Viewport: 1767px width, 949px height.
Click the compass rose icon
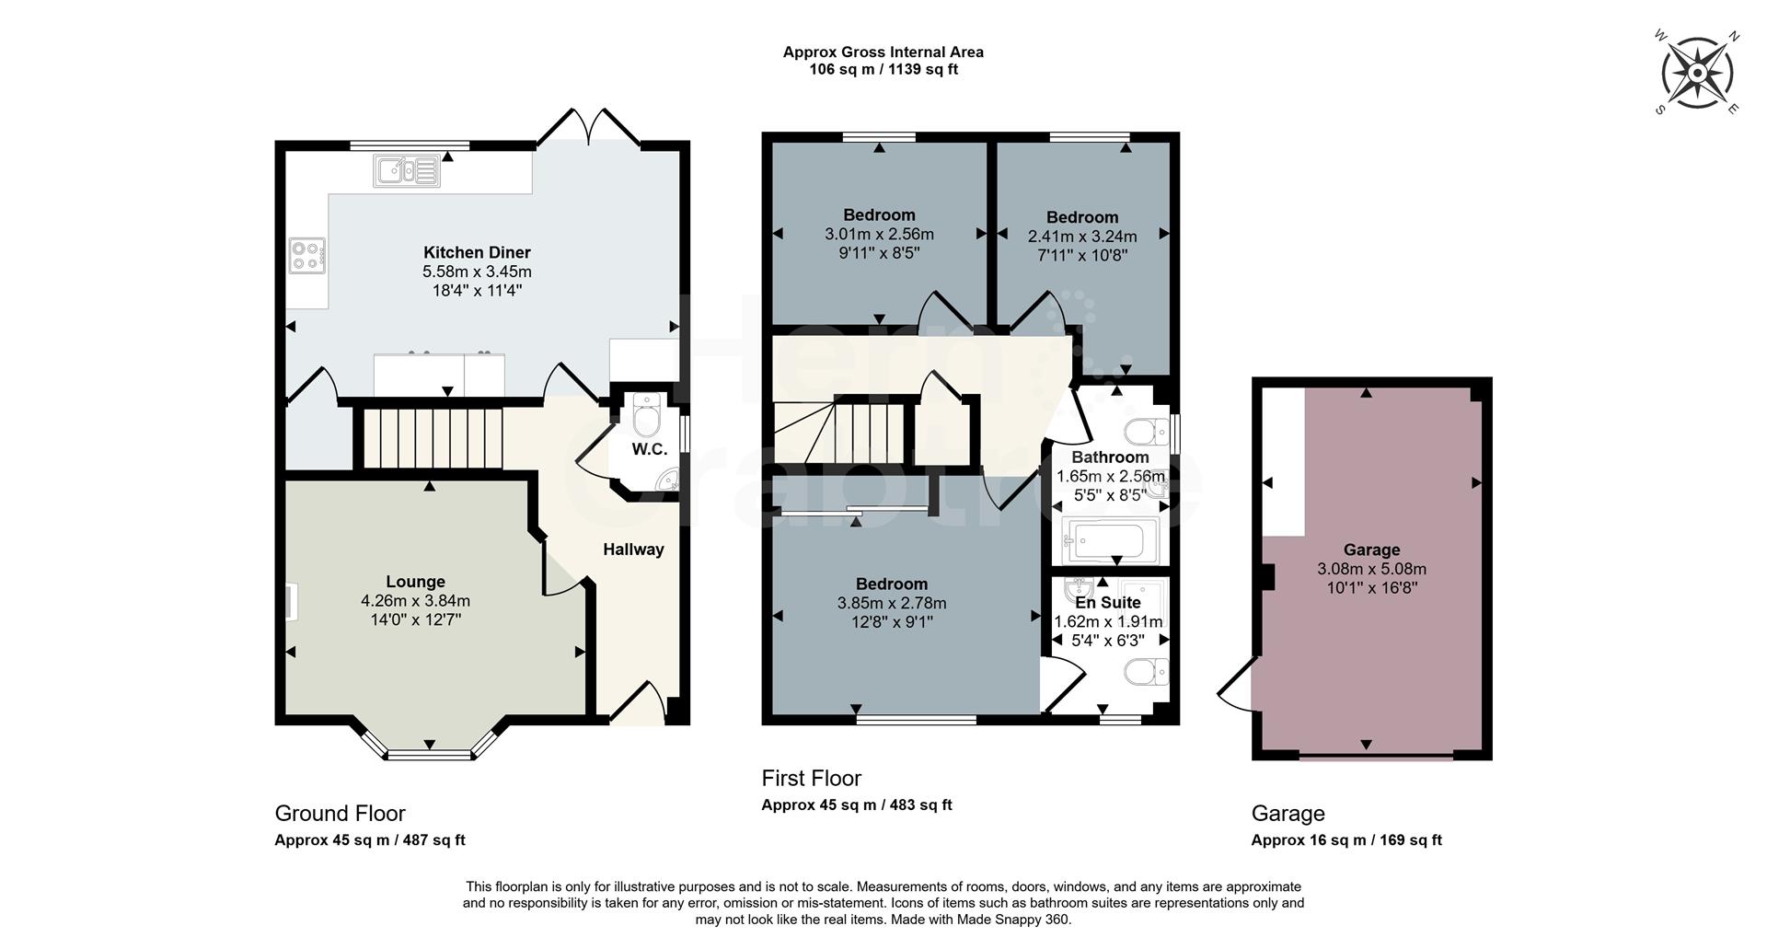click(x=1697, y=72)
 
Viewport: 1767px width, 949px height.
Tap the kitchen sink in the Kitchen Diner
click(x=406, y=170)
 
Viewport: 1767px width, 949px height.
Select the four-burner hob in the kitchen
click(x=307, y=256)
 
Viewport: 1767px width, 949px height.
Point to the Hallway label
click(x=633, y=550)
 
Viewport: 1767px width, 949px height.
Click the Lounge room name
click(x=416, y=582)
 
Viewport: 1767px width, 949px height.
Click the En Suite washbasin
click(x=1079, y=589)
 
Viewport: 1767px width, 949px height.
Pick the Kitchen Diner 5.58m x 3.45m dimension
click(x=477, y=272)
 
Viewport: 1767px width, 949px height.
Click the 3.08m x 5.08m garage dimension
click(x=1371, y=569)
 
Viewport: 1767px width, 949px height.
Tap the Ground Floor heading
click(x=340, y=814)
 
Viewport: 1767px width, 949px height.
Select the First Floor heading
click(x=811, y=779)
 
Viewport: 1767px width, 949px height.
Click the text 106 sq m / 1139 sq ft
click(x=883, y=69)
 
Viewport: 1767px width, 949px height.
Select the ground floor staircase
click(x=429, y=438)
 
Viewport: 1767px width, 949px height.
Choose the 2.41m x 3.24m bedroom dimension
click(x=1082, y=237)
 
